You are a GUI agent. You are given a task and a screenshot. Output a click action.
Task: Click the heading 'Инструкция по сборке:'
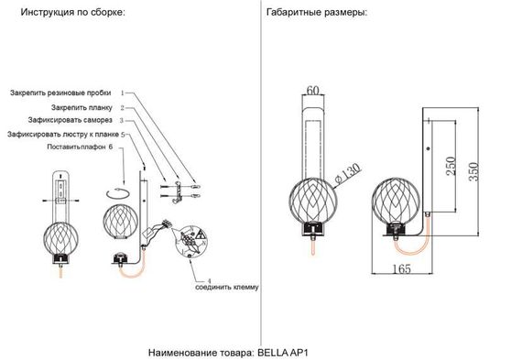coord(66,15)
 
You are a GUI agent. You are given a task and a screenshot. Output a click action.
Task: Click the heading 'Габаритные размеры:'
coord(317,15)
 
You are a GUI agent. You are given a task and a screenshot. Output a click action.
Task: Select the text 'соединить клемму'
coord(227,287)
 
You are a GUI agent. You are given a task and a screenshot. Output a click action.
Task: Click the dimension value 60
coord(313,90)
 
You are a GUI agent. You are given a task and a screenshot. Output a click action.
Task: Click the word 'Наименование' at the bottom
coord(182,352)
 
